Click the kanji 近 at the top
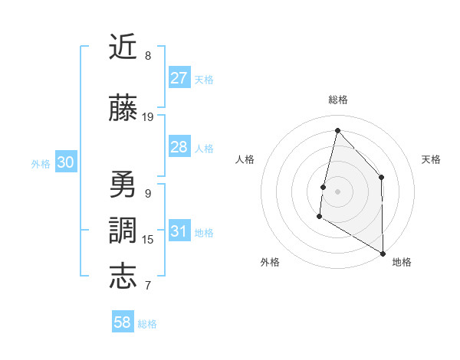[123, 47]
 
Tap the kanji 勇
[123, 185]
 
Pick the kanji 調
[123, 231]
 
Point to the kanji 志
[123, 276]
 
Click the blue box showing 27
[179, 78]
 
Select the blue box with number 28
[179, 147]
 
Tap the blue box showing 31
[179, 231]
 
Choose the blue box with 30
[65, 162]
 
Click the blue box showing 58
[123, 322]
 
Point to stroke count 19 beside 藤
[148, 117]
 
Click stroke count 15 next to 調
[148, 240]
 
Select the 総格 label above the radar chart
[337, 100]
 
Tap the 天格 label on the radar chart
[431, 159]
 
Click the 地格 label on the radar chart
[402, 262]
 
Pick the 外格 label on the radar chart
[270, 262]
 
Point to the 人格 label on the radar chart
[245, 159]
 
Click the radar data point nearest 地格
[383, 253]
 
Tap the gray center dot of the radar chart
[337, 191]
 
